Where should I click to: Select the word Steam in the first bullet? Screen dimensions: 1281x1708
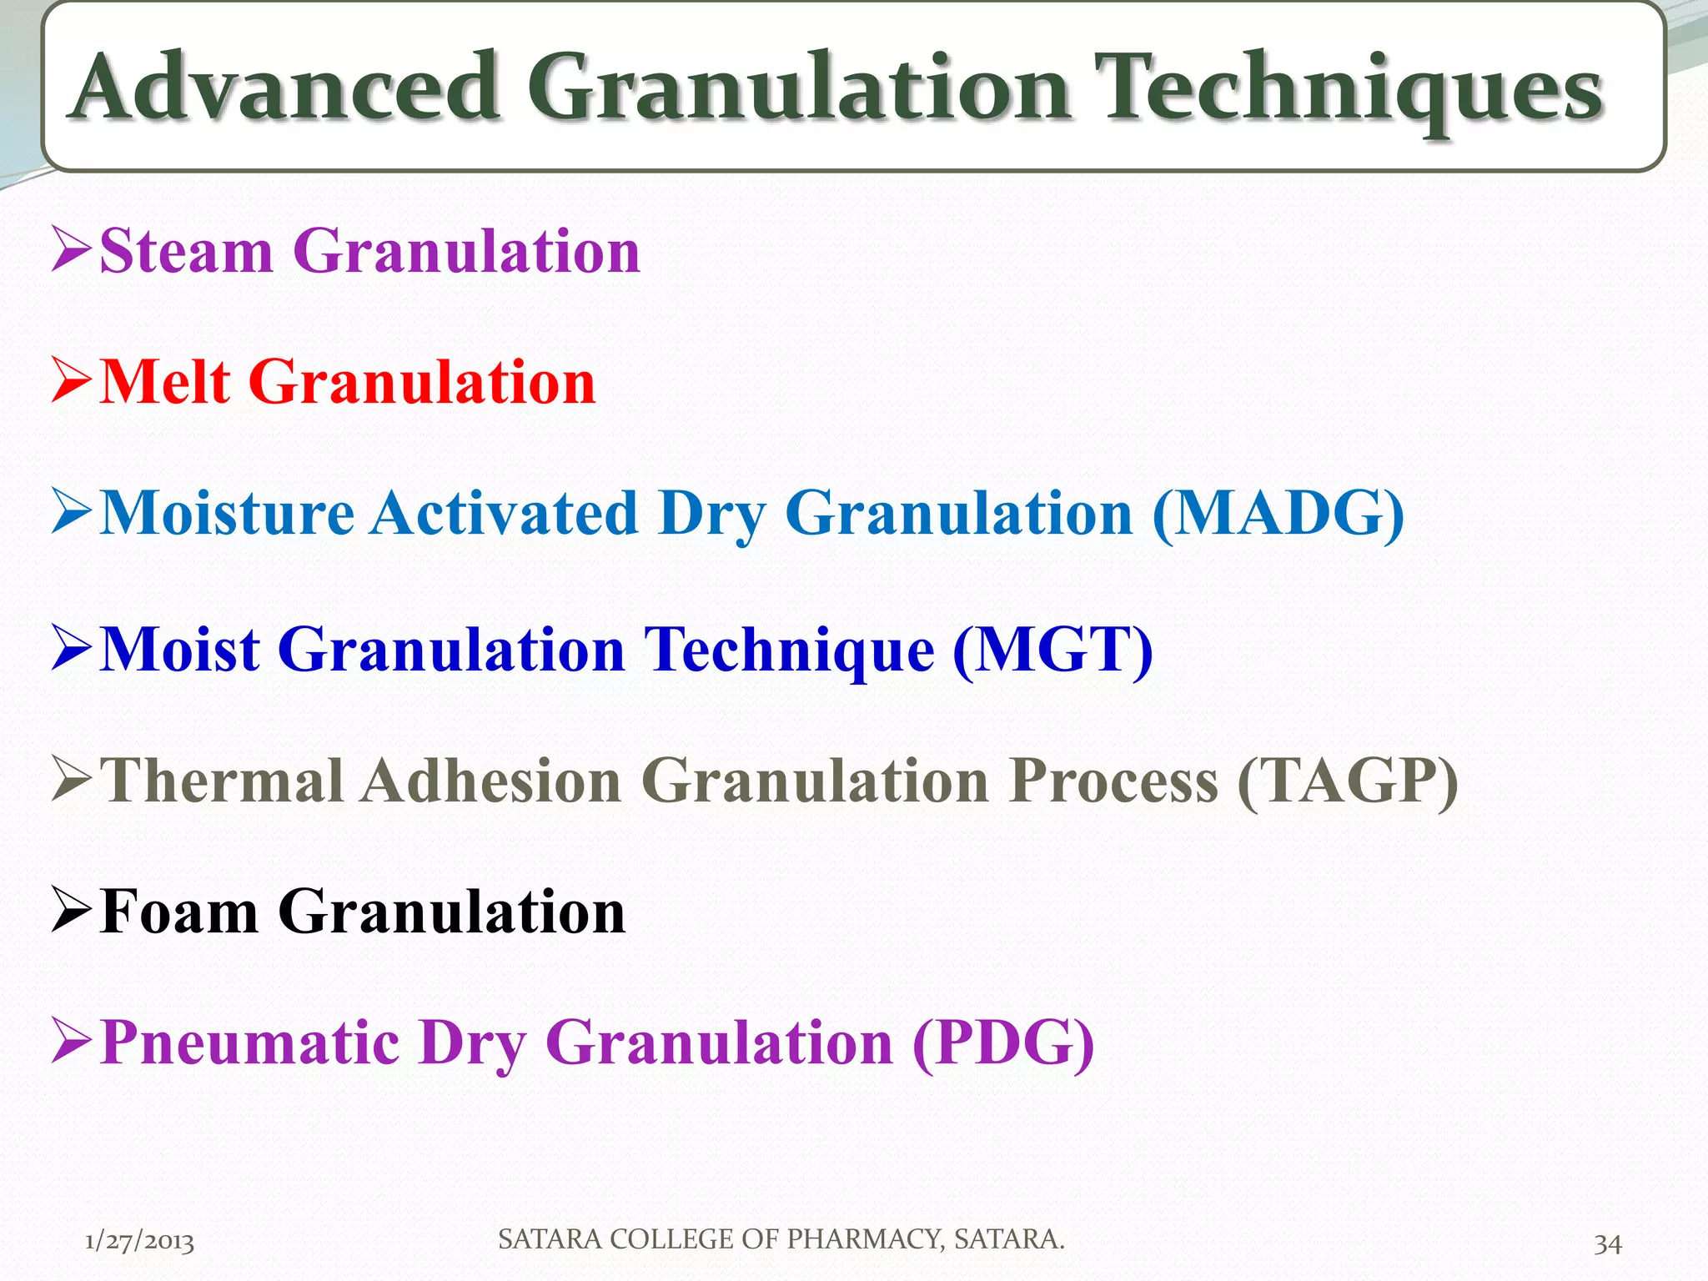(187, 251)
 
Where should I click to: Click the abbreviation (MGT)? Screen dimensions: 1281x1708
(1052, 650)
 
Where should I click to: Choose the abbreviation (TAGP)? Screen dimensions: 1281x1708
(1348, 781)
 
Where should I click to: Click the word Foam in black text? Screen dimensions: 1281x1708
(179, 912)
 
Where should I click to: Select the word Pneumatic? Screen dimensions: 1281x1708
(249, 1042)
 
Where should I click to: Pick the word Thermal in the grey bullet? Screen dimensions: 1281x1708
(222, 781)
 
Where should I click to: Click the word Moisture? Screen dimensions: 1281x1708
(227, 514)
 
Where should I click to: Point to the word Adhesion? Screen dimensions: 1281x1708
(492, 781)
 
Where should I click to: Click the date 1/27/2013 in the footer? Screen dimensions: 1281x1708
(139, 1242)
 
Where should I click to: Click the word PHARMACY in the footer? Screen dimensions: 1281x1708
(865, 1239)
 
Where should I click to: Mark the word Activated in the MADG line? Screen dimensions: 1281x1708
(505, 514)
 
